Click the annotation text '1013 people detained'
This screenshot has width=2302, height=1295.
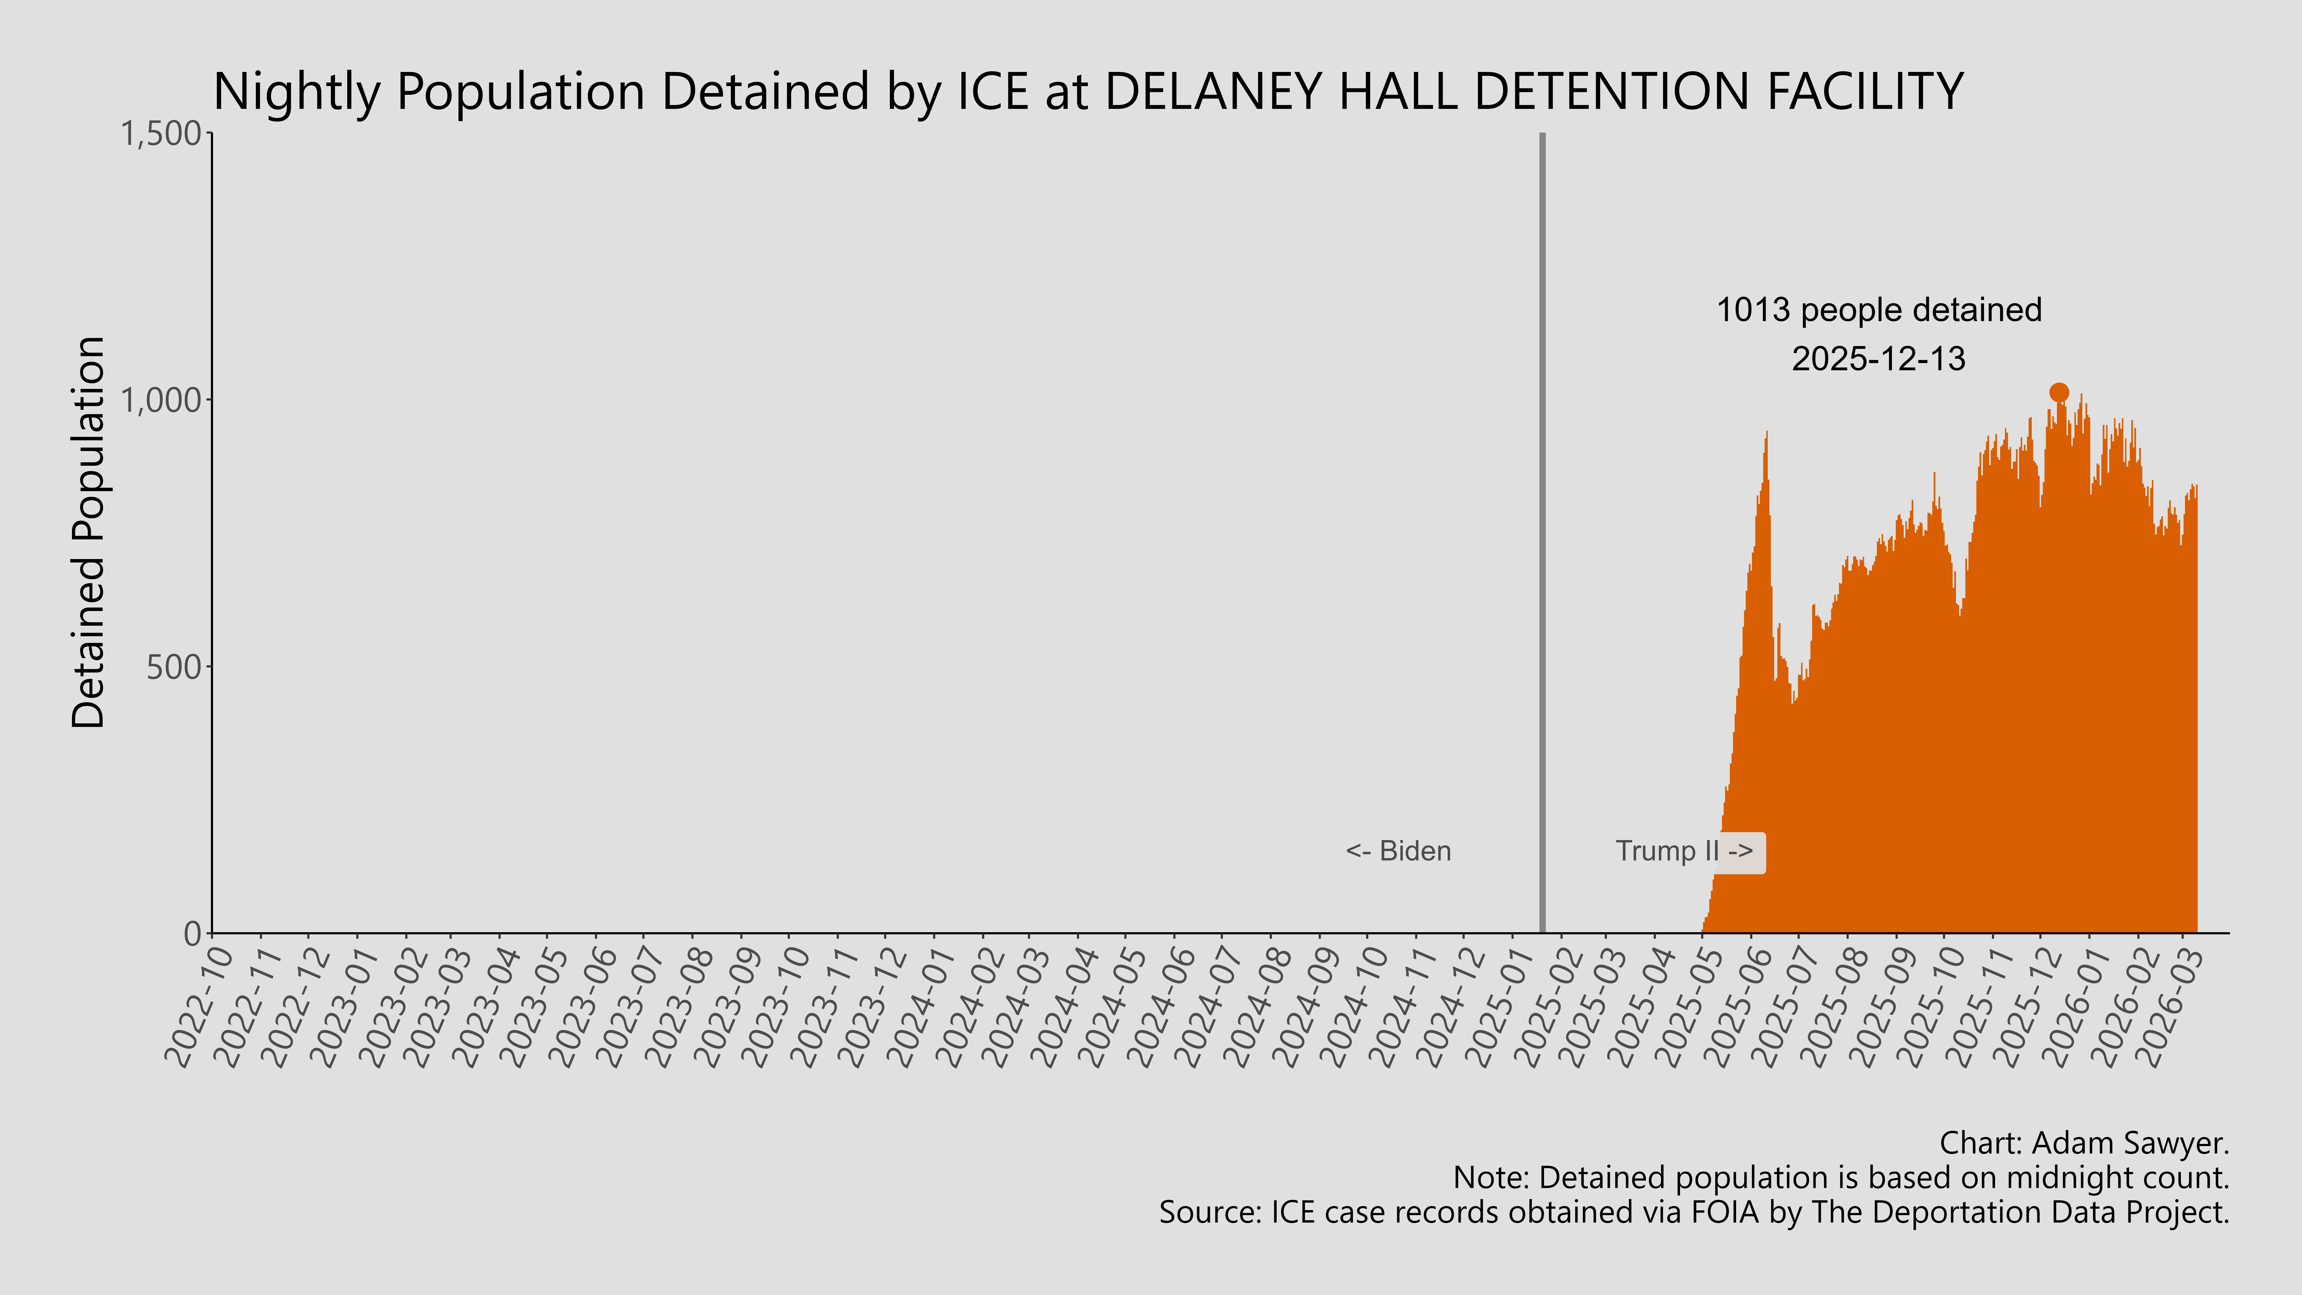[x=1879, y=310]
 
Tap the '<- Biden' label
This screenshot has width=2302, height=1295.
[x=1398, y=851]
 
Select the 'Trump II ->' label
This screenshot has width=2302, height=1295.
[x=1684, y=851]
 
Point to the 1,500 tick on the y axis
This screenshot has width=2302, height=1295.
[x=161, y=134]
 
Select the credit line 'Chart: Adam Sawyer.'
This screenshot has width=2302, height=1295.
[x=2084, y=1143]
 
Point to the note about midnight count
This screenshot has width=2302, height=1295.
[x=1841, y=1178]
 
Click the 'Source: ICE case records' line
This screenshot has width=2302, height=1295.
[x=1693, y=1213]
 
